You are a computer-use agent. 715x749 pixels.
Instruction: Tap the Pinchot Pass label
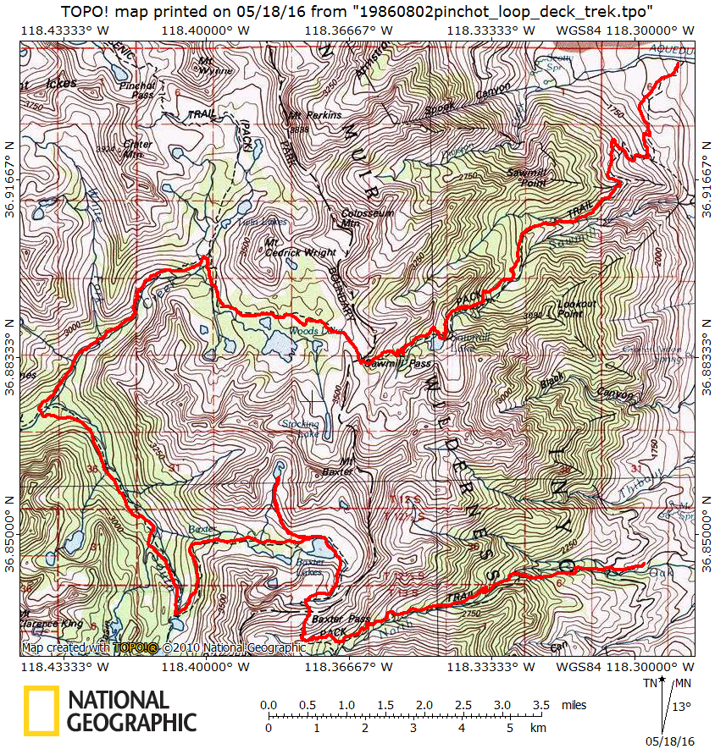point(137,90)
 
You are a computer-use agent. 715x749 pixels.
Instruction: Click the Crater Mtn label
point(137,149)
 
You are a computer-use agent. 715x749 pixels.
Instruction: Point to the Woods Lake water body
point(275,343)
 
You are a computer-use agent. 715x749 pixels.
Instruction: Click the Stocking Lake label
point(302,428)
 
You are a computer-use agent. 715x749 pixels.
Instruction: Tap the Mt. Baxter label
point(337,466)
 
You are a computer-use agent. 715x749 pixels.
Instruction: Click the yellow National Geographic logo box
point(42,710)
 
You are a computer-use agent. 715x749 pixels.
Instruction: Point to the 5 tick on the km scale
point(509,727)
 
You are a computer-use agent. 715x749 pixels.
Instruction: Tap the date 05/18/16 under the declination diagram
point(669,741)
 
